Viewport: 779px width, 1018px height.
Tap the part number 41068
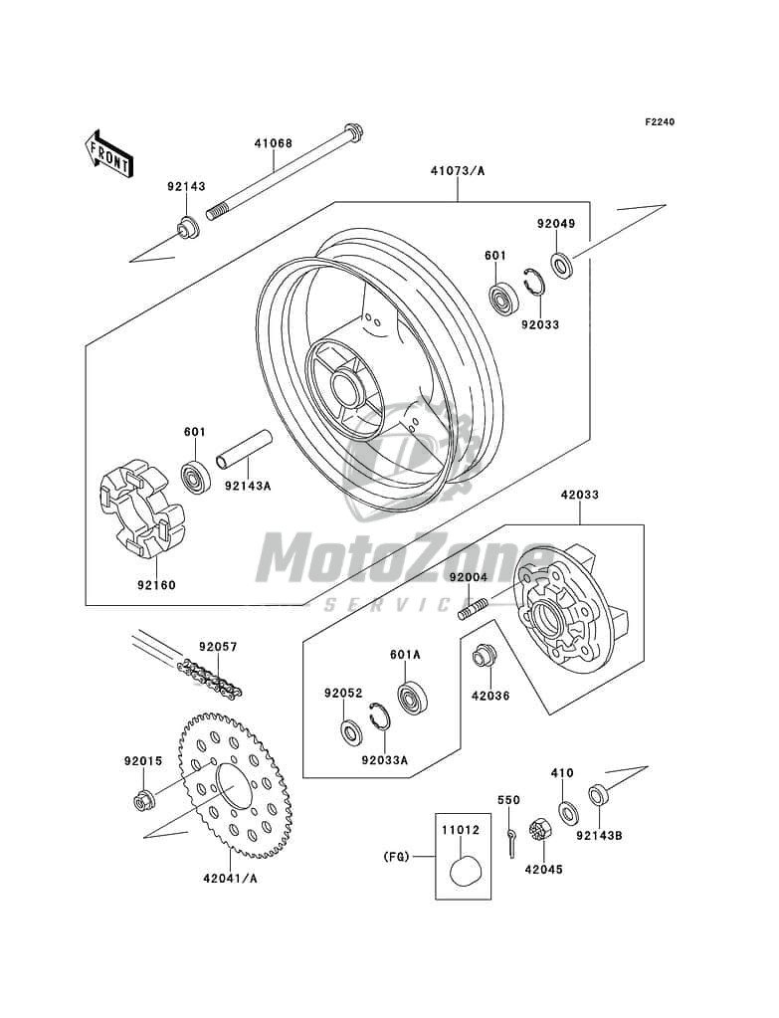[x=272, y=143]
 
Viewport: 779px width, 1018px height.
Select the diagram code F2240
[x=660, y=122]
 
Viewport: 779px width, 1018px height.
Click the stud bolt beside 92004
[x=475, y=605]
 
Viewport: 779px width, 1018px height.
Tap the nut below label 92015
[x=141, y=799]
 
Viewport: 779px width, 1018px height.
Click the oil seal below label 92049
[x=562, y=266]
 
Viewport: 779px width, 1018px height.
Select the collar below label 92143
[x=186, y=230]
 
